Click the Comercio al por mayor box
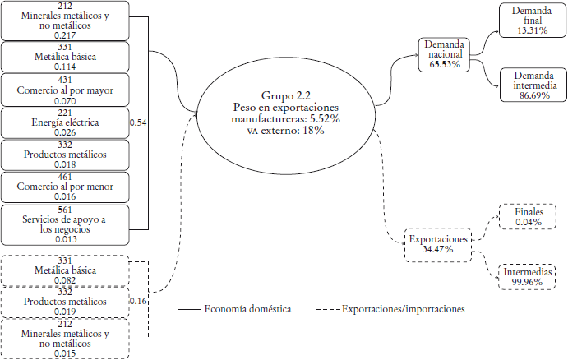65,90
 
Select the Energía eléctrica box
65,122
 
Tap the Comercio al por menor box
65,187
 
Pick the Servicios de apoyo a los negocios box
65,225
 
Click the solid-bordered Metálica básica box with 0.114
65,57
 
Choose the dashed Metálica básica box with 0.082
65,270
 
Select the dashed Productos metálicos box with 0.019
65,302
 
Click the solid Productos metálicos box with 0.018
65,155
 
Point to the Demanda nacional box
444,55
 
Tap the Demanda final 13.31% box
533,21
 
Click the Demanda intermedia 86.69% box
533,85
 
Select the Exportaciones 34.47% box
438,245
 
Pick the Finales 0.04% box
528,217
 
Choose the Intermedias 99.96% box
527,277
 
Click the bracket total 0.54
138,122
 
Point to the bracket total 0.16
138,301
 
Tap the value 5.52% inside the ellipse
325,118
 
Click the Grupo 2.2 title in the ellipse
286,95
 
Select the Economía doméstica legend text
247,309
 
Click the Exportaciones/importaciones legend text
403,309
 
